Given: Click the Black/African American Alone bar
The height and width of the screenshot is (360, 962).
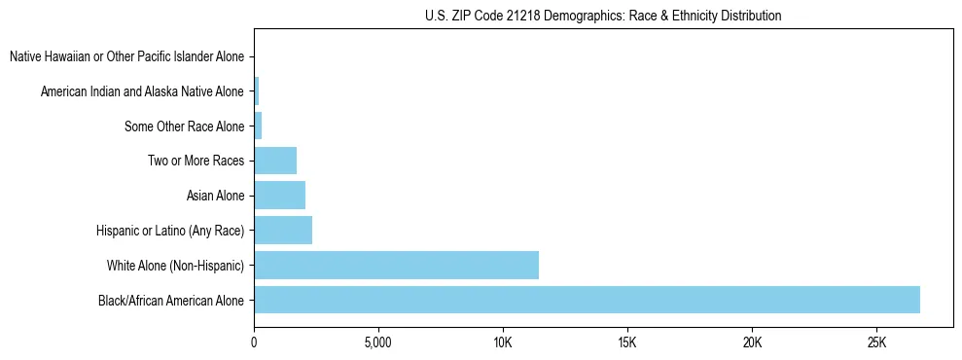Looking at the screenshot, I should pyautogui.click(x=587, y=300).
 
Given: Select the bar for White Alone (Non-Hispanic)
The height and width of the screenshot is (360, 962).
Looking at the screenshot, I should pyautogui.click(x=396, y=265).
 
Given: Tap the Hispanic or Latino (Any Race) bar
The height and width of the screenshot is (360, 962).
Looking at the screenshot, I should pyautogui.click(x=283, y=231).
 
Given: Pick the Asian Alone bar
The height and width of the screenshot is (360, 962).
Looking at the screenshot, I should pyautogui.click(x=279, y=196).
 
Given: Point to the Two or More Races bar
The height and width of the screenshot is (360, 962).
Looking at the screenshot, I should pyautogui.click(x=275, y=161).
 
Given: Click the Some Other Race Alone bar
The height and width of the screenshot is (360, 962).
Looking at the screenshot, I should pyautogui.click(x=258, y=126).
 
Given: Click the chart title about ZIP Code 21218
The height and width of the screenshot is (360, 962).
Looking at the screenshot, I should pyautogui.click(x=603, y=17).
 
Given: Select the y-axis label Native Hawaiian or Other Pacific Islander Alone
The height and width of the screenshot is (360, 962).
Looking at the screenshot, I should pyautogui.click(x=126, y=57).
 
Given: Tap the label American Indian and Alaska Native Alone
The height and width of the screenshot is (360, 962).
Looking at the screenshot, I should pyautogui.click(x=142, y=92).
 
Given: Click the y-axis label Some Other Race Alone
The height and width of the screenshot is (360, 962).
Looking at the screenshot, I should pyautogui.click(x=184, y=126).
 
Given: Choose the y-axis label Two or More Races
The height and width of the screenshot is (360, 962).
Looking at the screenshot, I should pyautogui.click(x=196, y=161).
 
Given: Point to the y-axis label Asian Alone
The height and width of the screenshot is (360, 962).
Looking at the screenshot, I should pyautogui.click(x=215, y=196).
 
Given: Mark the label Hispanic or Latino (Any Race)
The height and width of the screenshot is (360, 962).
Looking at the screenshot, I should pyautogui.click(x=170, y=231).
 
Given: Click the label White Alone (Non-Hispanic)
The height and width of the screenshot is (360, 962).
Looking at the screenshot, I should pyautogui.click(x=175, y=265).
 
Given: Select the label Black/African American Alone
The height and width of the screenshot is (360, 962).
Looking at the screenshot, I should pyautogui.click(x=171, y=300).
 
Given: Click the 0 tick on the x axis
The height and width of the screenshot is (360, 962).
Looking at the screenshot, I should pyautogui.click(x=254, y=343).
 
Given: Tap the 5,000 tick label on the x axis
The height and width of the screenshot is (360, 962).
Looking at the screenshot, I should pyautogui.click(x=378, y=343).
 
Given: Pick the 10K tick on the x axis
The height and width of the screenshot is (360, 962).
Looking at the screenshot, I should pyautogui.click(x=503, y=343).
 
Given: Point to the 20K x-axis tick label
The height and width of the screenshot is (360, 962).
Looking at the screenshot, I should pyautogui.click(x=752, y=343).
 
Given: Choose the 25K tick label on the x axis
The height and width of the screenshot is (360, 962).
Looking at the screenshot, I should pyautogui.click(x=876, y=343).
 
